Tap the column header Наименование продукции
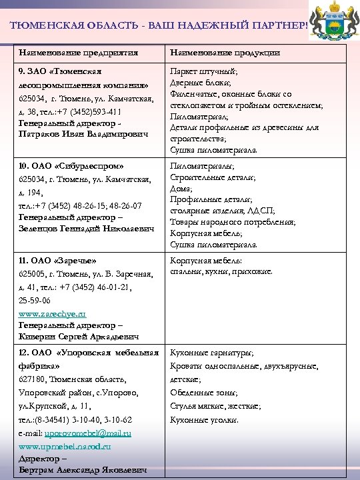(x=225, y=53)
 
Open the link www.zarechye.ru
(x=52, y=313)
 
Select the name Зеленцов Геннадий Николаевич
(x=86, y=229)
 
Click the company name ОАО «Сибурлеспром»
(x=71, y=165)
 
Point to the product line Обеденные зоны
(x=203, y=392)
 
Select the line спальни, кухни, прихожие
(x=221, y=272)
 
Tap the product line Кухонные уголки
(x=204, y=420)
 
